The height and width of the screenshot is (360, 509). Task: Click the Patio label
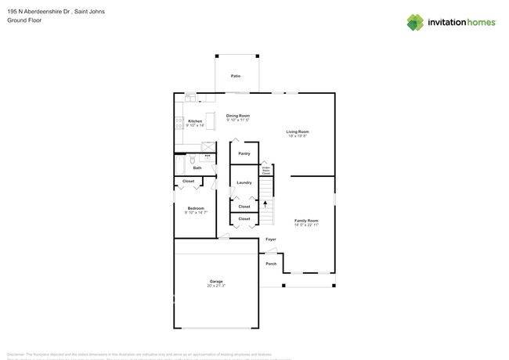[235, 76]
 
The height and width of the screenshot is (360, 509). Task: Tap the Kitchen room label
[195, 121]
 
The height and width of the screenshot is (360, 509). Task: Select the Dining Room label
[238, 116]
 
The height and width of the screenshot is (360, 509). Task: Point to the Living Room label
[297, 131]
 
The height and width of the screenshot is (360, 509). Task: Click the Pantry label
[244, 153]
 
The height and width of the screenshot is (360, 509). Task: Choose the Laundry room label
[244, 182]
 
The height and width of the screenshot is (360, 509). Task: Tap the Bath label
[197, 167]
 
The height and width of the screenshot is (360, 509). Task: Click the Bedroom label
[195, 208]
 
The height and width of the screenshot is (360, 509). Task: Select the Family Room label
[306, 221]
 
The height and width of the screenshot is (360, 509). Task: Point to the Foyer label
[270, 239]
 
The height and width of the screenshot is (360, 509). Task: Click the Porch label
[271, 264]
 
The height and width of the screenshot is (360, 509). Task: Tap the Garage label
[216, 281]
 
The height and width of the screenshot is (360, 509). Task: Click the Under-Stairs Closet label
[265, 169]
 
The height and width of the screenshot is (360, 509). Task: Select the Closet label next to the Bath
[188, 181]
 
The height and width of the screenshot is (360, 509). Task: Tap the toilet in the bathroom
[193, 159]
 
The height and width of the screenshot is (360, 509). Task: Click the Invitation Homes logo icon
[416, 22]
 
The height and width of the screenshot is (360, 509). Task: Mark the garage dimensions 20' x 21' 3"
[216, 286]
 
